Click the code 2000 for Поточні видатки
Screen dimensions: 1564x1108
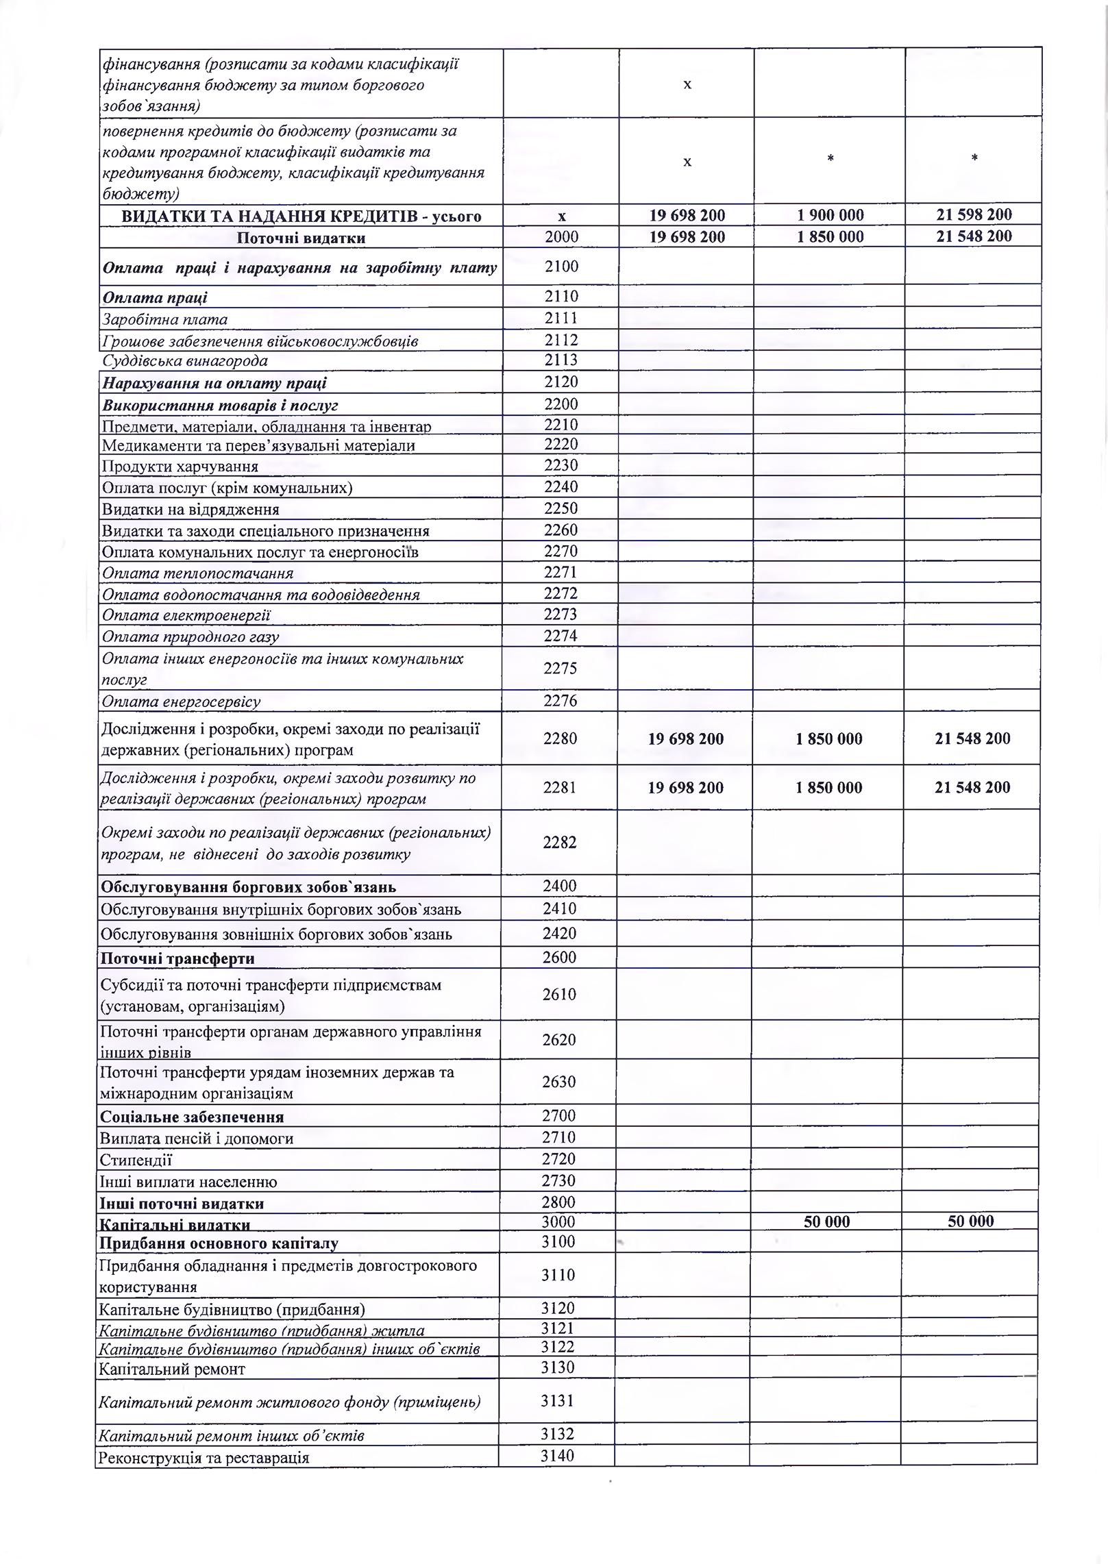coord(561,237)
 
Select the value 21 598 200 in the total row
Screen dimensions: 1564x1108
coord(974,214)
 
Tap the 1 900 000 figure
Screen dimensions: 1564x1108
coord(830,215)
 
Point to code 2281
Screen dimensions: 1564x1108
coord(560,788)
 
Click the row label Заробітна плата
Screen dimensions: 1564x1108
coord(164,319)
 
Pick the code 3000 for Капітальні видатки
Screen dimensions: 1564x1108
coord(558,1221)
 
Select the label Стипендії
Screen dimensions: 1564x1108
coord(136,1160)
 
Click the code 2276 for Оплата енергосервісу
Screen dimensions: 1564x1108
coord(560,701)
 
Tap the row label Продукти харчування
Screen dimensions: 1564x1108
coord(180,467)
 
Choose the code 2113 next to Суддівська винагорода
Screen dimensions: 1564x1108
coord(561,360)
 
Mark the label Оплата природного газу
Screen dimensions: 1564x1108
coord(190,637)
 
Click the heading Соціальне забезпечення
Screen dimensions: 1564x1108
coord(192,1117)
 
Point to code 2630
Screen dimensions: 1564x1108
coord(559,1082)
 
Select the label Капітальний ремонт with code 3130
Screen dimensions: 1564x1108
coord(171,1369)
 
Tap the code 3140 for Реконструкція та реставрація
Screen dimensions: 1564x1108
coord(557,1456)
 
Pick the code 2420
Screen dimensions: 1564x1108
coord(559,933)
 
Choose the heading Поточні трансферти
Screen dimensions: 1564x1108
coord(177,958)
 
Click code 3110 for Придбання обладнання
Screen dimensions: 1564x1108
coord(558,1275)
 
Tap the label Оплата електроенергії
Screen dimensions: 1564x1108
coord(186,615)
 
